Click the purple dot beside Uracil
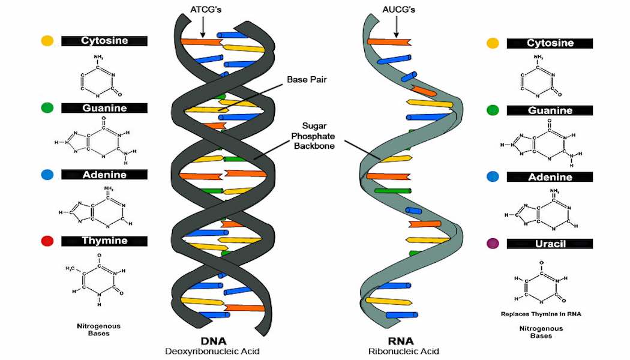[x=493, y=244]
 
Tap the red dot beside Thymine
[x=47, y=241]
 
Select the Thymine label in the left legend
[x=104, y=241]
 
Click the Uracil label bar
[x=550, y=244]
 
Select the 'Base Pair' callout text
[x=306, y=79]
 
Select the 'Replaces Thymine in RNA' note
[x=541, y=314]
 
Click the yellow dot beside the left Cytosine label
[x=47, y=41]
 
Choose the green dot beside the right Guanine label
[x=493, y=110]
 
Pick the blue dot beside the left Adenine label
[x=47, y=175]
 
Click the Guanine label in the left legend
[x=104, y=108]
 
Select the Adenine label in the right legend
[x=550, y=177]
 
